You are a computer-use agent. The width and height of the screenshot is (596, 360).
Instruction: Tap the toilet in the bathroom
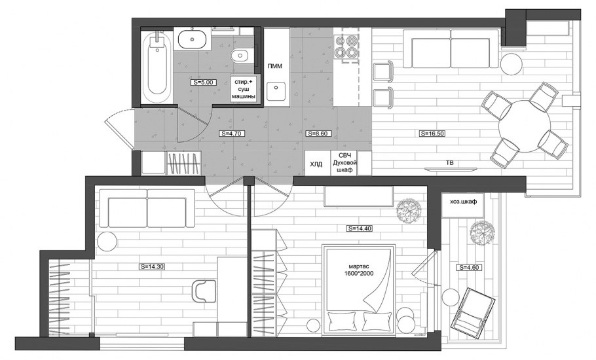[x=240, y=56]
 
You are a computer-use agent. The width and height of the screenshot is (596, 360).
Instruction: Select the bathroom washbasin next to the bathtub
[x=193, y=39]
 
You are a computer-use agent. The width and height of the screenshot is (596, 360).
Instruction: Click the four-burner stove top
[x=346, y=46]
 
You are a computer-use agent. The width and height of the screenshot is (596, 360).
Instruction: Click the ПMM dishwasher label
[x=275, y=67]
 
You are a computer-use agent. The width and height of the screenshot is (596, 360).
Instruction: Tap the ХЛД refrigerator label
[x=316, y=164]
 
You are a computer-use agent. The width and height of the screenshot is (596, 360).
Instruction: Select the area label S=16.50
[x=432, y=134]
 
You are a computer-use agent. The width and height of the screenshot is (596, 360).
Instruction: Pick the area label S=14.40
[x=359, y=228]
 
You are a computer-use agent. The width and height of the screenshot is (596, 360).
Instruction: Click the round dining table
[x=525, y=126]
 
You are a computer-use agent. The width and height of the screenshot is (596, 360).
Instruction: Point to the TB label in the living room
[x=450, y=163]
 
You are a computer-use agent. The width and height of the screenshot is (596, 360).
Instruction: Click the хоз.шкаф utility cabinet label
[x=463, y=202]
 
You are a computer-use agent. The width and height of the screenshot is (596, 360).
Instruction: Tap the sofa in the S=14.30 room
[x=147, y=209]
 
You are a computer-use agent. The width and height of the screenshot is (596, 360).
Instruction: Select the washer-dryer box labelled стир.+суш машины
[x=243, y=89]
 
